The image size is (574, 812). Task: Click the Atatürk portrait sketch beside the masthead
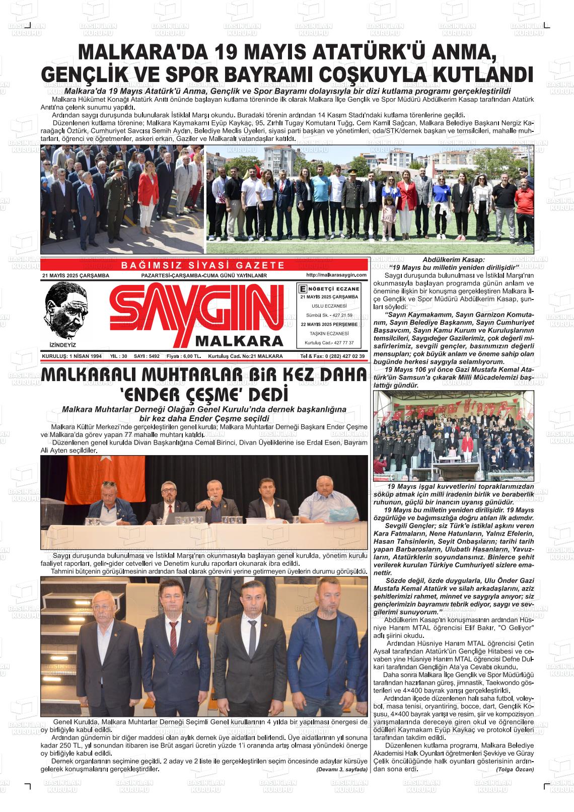point(64,309)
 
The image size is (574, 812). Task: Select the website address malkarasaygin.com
point(335,275)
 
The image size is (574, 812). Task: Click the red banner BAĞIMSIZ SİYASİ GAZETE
point(203,265)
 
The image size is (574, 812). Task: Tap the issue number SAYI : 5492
point(147,356)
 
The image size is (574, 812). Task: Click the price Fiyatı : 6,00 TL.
point(184,356)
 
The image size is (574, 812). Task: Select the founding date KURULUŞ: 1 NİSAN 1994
point(72,356)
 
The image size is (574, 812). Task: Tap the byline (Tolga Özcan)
point(515,769)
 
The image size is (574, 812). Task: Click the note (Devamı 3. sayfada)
point(342,770)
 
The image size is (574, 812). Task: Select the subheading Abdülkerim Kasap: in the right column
point(453,259)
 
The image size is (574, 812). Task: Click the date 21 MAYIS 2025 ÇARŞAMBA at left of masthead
point(76,276)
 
